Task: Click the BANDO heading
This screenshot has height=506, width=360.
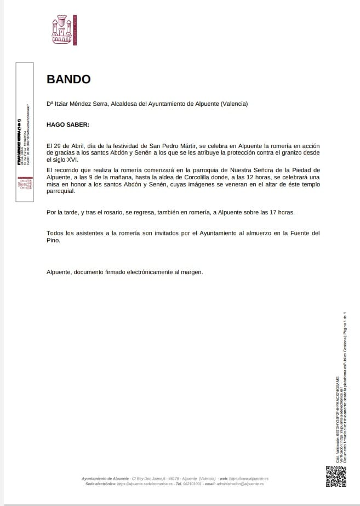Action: (68, 79)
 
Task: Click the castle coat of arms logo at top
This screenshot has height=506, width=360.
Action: (62, 29)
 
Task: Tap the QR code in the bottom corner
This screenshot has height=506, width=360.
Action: (336, 476)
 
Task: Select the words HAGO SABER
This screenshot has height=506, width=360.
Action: (67, 124)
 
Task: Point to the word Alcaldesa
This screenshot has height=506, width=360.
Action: (125, 104)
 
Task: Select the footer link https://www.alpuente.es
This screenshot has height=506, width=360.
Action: (249, 479)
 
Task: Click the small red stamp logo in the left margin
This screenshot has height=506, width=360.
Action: (24, 184)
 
